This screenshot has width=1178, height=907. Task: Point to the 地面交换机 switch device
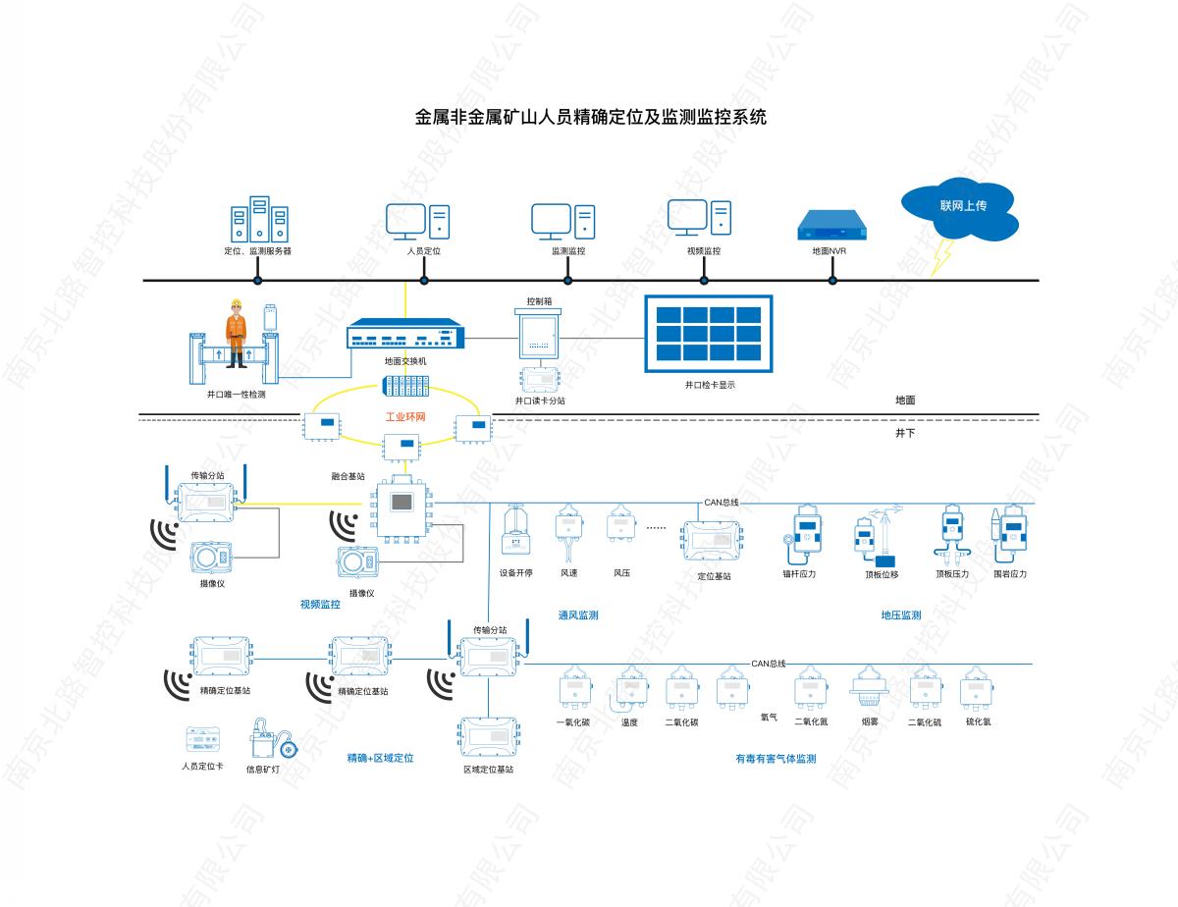(404, 336)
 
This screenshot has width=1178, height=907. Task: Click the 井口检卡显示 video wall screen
(708, 334)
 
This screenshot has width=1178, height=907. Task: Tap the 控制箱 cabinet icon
(537, 335)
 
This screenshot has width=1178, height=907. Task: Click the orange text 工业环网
(405, 417)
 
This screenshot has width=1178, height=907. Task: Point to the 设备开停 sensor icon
(515, 533)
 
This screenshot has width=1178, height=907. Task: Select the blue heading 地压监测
(900, 616)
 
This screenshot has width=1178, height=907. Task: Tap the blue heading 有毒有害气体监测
(776, 759)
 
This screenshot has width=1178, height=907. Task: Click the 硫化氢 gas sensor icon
(978, 688)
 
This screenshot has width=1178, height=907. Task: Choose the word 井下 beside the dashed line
(905, 432)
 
